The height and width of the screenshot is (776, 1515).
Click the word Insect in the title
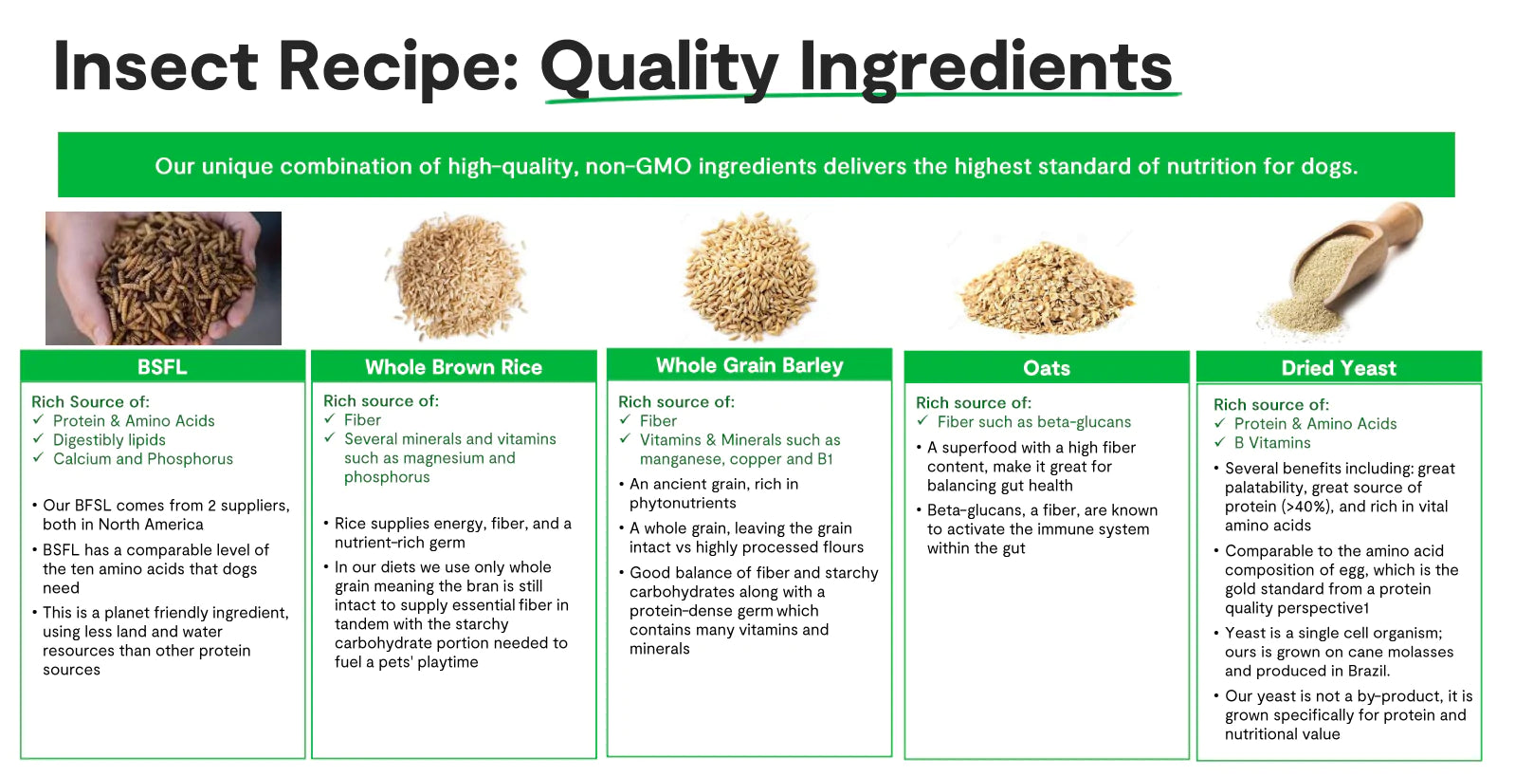coord(155,65)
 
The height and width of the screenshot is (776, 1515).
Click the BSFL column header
coord(162,367)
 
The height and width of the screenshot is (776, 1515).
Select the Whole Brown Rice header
coord(454,367)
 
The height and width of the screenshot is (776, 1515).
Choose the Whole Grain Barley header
coord(749,365)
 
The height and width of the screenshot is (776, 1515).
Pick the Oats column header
coord(1047,367)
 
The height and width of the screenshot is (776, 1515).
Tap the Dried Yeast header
coord(1340,367)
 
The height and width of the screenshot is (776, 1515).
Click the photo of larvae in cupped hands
coord(164,278)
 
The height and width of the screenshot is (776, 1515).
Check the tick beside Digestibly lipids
coord(38,439)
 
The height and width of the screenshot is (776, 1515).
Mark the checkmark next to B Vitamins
coord(1219,442)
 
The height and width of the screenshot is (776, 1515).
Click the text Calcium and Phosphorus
coord(143,459)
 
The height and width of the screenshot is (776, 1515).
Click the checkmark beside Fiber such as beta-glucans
coord(922,421)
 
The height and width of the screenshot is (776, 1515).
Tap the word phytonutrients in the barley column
coord(683,504)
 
